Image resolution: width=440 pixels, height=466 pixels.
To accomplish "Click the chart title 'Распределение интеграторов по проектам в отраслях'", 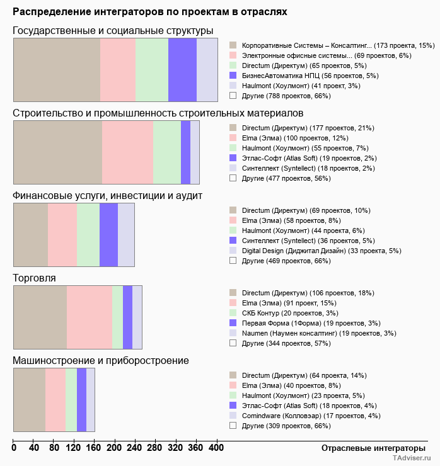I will tap(150, 12).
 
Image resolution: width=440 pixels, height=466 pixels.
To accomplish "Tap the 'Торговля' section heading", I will tap(34, 278).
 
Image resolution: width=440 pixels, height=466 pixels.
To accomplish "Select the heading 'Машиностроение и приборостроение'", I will tap(101, 361).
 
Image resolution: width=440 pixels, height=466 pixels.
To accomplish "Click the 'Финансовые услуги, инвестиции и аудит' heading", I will tap(107, 195).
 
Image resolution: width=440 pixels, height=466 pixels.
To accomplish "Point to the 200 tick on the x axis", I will tap(114, 448).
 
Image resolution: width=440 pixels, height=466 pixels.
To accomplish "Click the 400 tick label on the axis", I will tap(216, 448).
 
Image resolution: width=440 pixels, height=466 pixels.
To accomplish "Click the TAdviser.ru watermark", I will tap(412, 459).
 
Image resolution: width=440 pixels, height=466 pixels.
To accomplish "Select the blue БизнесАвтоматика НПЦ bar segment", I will tap(182, 69).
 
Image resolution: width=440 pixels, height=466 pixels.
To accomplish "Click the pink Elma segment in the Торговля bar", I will tap(89, 317).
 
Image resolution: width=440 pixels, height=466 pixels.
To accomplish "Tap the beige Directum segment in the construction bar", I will tap(57, 152).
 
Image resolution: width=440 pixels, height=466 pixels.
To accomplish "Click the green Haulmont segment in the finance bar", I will tap(88, 235).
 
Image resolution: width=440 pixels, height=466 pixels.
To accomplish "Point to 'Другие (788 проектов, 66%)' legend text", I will tap(286, 96).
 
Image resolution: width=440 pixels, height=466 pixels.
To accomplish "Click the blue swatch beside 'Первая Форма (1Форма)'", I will tap(233, 323).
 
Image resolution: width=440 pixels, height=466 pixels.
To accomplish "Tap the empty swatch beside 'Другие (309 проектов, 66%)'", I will tap(233, 426).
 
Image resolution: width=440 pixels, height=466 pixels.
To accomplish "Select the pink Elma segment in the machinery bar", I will tap(55, 400).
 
